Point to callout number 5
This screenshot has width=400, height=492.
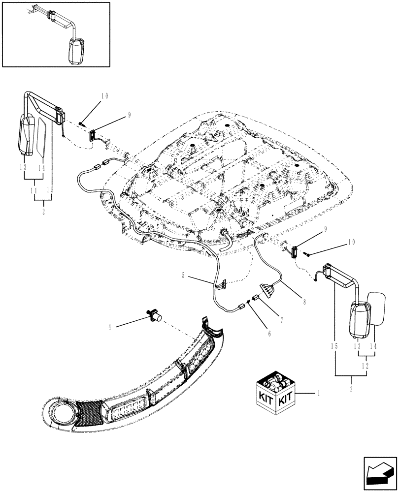pyautogui.click(x=184, y=276)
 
